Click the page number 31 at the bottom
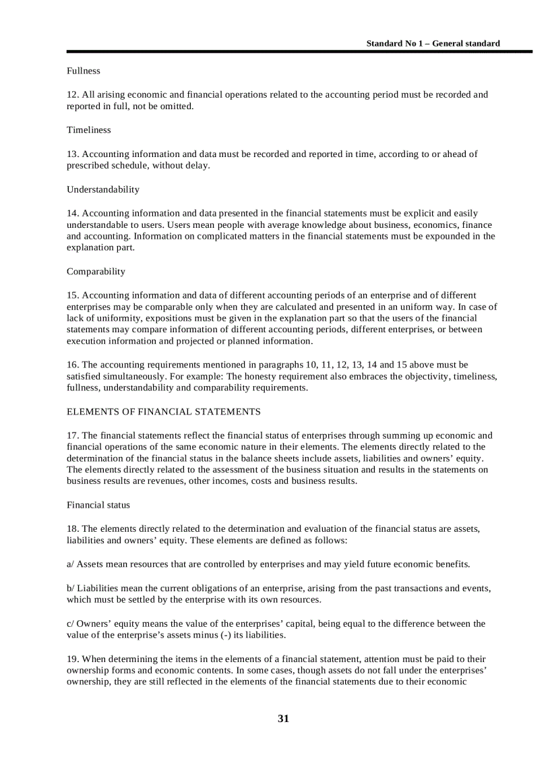(283, 719)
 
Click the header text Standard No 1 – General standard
(433, 43)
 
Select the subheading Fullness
(83, 71)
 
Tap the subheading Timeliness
(88, 129)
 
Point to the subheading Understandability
(102, 189)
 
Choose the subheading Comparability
(96, 272)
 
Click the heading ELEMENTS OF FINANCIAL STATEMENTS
(163, 411)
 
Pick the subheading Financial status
(98, 505)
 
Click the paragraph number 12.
(72, 94)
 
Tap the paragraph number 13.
(72, 154)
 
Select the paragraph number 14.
(72, 213)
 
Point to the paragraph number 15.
(72, 295)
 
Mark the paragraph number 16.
(72, 365)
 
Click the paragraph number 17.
(72, 435)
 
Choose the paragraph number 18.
(72, 528)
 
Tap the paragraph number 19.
(72, 659)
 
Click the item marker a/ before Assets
(70, 564)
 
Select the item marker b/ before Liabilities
(71, 588)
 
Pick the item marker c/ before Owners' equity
(70, 624)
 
